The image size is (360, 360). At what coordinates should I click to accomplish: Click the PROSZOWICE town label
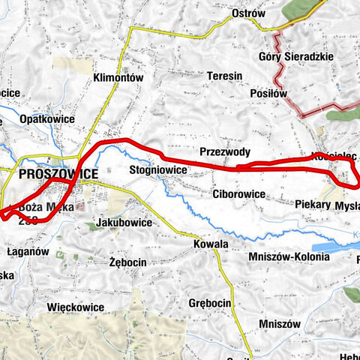point(57,174)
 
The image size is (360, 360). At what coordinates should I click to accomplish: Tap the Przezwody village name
point(225,151)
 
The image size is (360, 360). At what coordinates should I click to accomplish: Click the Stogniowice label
point(157,170)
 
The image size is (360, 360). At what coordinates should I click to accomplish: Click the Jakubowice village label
point(124,223)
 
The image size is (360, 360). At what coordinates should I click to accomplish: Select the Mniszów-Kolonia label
point(289,257)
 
